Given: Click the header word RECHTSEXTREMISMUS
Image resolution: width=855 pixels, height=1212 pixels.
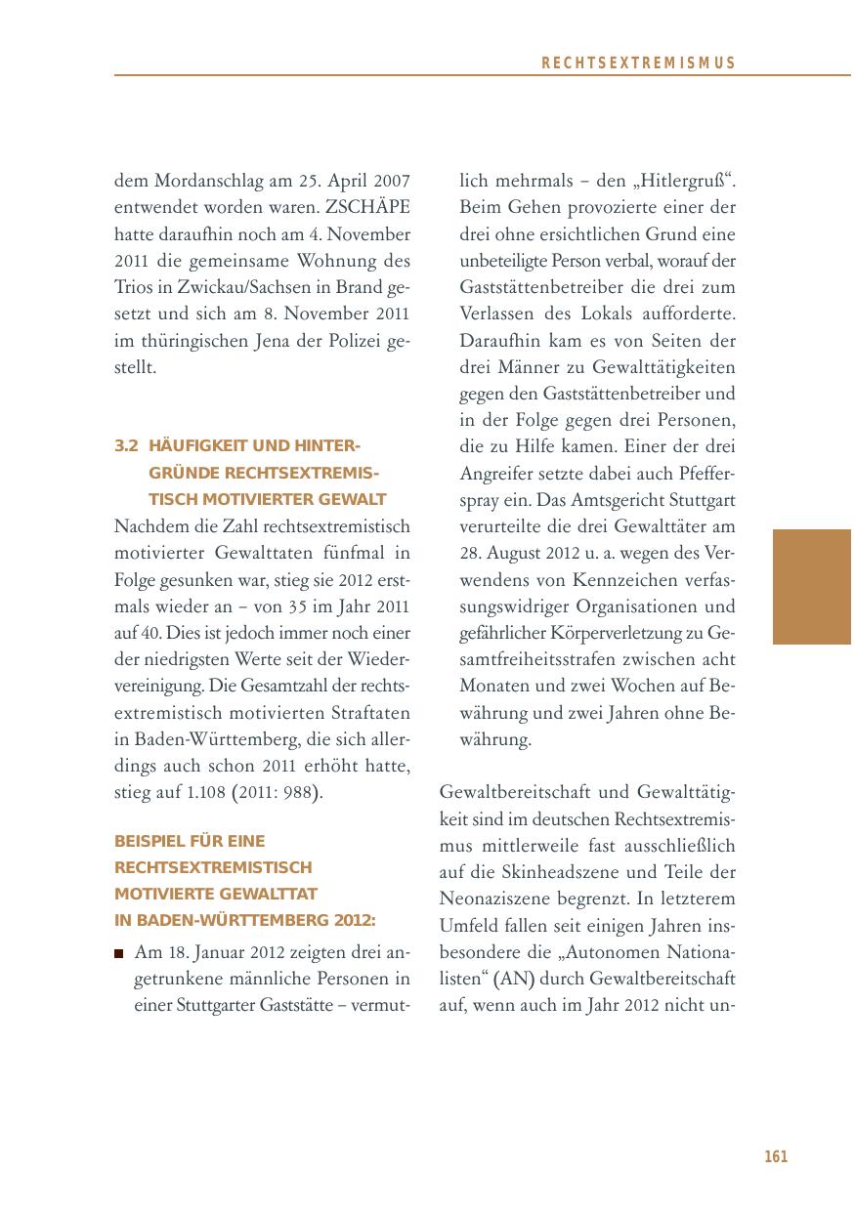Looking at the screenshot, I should click(638, 63).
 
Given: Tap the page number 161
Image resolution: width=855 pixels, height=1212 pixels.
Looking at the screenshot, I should click(776, 1157).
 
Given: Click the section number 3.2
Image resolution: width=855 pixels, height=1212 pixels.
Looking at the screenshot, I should click(126, 446).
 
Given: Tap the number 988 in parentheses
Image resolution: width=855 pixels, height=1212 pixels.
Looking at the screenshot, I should click(298, 792).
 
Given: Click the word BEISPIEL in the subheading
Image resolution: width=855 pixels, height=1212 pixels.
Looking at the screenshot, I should click(147, 841).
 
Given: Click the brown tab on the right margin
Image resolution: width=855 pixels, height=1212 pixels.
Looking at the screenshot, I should click(812, 586).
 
